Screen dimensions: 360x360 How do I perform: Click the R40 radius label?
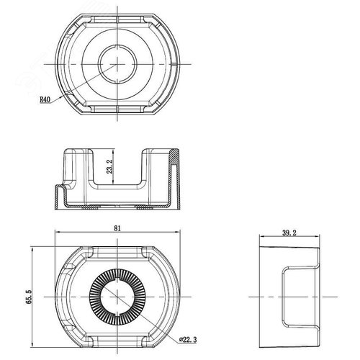point(45,99)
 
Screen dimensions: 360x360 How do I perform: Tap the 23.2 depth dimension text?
point(110,166)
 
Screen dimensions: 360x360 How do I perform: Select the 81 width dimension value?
point(117,228)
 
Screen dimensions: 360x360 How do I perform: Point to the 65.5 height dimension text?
point(29,297)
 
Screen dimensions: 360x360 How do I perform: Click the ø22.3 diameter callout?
point(188,339)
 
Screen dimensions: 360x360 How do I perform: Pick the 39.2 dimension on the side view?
point(289,233)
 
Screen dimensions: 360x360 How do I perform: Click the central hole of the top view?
point(117,64)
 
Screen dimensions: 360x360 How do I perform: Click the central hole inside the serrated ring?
point(117,297)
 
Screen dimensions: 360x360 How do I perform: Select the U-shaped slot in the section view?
point(117,185)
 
